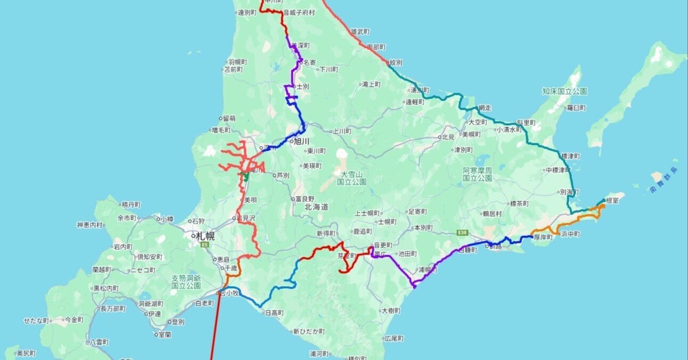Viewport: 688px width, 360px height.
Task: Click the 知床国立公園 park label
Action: click(x=565, y=91)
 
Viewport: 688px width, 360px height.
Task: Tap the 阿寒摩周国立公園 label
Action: click(x=478, y=174)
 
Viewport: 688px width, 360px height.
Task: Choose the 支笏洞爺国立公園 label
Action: click(x=186, y=281)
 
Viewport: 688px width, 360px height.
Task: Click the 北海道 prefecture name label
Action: click(x=316, y=207)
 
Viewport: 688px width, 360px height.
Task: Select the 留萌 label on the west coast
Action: click(x=228, y=118)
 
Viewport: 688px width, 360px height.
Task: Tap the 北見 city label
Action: click(x=447, y=137)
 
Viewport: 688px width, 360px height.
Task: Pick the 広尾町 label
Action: click(x=394, y=339)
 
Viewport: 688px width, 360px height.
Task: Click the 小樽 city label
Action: click(x=167, y=218)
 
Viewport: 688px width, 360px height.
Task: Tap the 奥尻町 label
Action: click(x=26, y=353)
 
